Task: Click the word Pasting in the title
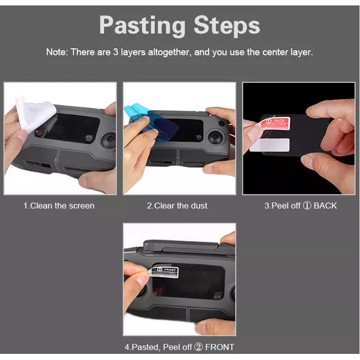142,26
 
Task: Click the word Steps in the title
227,25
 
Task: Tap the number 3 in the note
115,52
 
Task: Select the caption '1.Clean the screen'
59,206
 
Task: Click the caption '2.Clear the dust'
177,206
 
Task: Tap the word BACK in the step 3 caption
325,206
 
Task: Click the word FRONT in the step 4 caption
219,346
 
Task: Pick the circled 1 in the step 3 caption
307,206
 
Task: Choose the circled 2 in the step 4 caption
198,346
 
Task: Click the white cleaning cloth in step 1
35,114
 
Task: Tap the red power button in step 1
39,132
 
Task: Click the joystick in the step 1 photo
109,140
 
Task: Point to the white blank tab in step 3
270,145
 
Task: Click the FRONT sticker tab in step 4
164,273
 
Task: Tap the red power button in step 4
159,291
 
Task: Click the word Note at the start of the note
57,52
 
